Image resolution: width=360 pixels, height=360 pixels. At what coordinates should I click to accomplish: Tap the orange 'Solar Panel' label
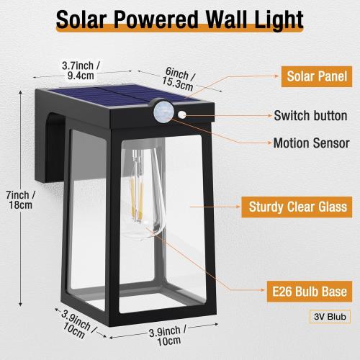click(318, 76)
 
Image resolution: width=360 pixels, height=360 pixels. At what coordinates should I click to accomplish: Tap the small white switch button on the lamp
click(181, 114)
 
